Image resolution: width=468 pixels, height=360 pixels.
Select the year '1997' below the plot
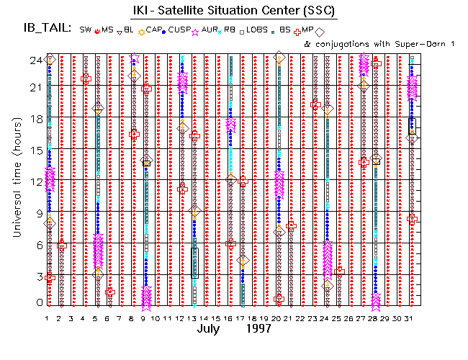point(257,328)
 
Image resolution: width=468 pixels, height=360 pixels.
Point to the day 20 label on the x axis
point(278,318)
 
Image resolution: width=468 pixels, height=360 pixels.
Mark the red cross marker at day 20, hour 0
point(279,298)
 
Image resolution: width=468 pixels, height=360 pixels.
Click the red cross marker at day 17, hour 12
point(243,181)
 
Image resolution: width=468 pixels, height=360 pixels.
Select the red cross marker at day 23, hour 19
point(315,105)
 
